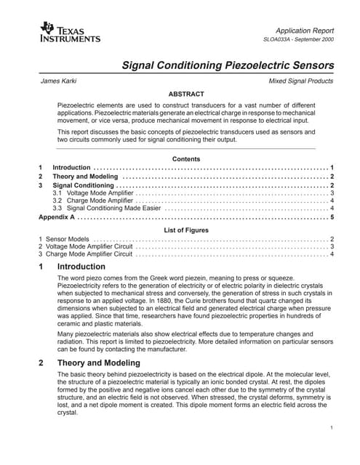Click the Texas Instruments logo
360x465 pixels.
65,33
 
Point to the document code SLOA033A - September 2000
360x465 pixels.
298,41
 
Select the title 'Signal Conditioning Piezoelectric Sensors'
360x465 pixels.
227,65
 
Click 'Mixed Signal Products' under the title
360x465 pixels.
301,81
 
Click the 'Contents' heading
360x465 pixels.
185,158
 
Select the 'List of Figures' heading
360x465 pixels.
185,230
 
